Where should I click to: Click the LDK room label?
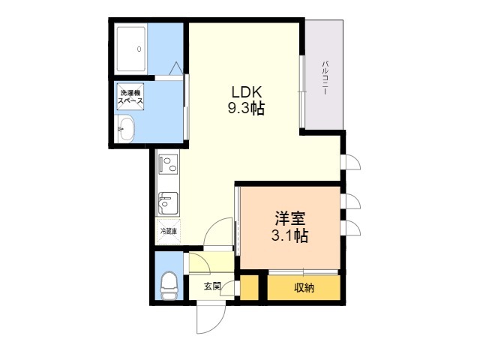tap(247, 92)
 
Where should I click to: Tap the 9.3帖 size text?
tap(246, 108)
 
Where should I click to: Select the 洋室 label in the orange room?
tap(289, 218)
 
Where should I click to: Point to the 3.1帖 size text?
tap(289, 235)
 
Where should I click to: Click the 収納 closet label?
tap(304, 288)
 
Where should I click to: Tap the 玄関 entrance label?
tap(212, 286)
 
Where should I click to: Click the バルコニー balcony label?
tap(325, 78)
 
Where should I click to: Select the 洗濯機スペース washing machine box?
tap(130, 97)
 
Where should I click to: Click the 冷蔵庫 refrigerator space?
tap(168, 232)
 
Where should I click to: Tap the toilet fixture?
tap(169, 286)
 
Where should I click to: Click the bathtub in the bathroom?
tap(131, 49)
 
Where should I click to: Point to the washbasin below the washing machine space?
tap(126, 128)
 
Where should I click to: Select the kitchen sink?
tap(168, 203)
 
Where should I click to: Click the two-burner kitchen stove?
tap(168, 164)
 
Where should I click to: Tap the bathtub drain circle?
tap(139, 49)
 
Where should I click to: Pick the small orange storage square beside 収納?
tap(250, 288)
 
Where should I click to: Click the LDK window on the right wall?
tap(302, 91)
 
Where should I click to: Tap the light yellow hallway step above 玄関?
tap(211, 262)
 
